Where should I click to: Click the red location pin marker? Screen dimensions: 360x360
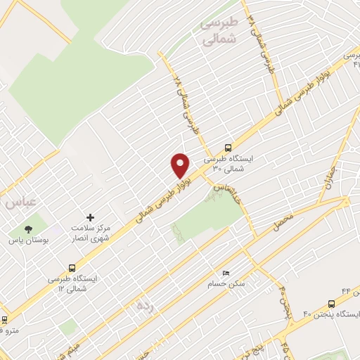(x=181, y=165)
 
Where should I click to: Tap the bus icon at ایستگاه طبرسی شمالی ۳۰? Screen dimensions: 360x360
(x=227, y=148)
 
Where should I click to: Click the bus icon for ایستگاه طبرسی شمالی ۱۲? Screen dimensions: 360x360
(x=72, y=268)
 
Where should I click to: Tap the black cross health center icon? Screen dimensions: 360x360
(x=89, y=218)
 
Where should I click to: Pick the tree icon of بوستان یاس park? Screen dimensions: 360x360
(x=28, y=229)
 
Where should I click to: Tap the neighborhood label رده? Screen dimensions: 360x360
(x=145, y=305)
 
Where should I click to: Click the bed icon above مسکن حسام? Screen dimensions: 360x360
(x=226, y=272)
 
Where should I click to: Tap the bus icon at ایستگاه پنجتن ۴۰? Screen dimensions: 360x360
(x=331, y=303)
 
